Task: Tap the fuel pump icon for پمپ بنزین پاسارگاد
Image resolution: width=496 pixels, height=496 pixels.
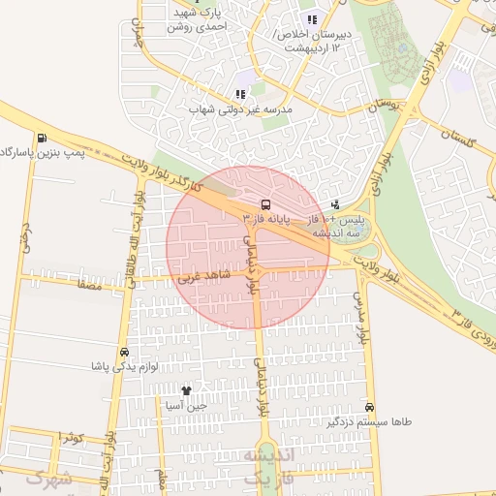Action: [40, 137]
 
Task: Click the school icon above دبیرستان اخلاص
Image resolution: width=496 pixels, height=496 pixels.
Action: [311, 19]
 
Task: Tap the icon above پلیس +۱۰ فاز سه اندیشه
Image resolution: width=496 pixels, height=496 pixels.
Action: [335, 204]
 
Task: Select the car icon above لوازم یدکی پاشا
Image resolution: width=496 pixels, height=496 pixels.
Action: [124, 352]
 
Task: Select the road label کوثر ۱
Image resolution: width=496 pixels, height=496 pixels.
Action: [71, 439]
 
